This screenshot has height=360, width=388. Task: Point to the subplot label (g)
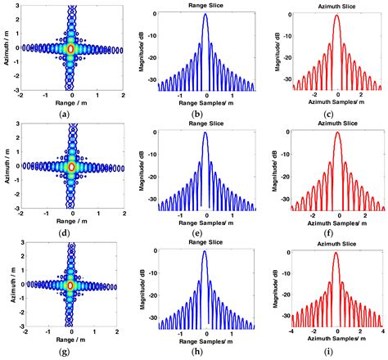coord(72,349)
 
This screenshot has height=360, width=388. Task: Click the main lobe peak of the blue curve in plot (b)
coord(205,16)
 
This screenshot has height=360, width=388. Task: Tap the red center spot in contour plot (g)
coord(71,285)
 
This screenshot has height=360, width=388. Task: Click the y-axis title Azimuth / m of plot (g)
coord(7,285)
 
